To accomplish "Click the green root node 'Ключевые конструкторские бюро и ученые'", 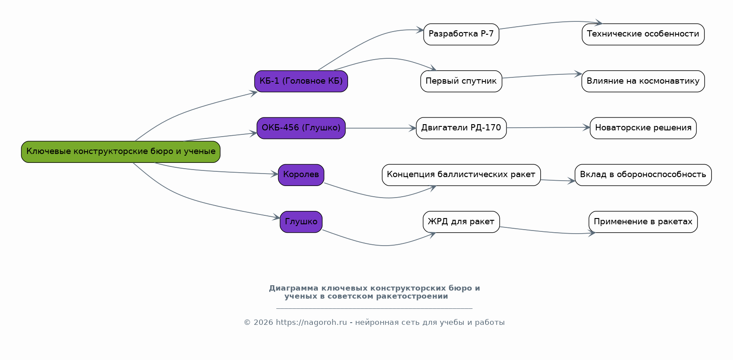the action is pyautogui.click(x=121, y=152).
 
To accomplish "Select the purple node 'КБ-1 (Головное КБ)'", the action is pyautogui.click(x=301, y=81).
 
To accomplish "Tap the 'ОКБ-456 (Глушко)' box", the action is pyautogui.click(x=301, y=128).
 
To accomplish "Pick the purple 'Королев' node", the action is pyautogui.click(x=301, y=175).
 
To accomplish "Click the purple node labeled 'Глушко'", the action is pyautogui.click(x=301, y=222).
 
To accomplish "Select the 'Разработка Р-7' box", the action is pyautogui.click(x=461, y=34).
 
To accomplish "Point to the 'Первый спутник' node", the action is pyautogui.click(x=461, y=81).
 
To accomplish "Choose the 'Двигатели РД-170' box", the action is pyautogui.click(x=461, y=128).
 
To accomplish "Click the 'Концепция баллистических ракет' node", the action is pyautogui.click(x=461, y=175).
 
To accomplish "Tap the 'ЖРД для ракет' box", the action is pyautogui.click(x=461, y=222).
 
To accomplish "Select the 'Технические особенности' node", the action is pyautogui.click(x=643, y=34).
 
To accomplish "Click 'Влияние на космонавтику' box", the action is pyautogui.click(x=643, y=81).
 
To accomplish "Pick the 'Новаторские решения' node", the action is pyautogui.click(x=643, y=128).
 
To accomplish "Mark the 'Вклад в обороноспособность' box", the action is pyautogui.click(x=643, y=175).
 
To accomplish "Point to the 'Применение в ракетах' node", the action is pyautogui.click(x=643, y=222).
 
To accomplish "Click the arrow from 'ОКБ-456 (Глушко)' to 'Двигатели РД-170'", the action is pyautogui.click(x=381, y=128).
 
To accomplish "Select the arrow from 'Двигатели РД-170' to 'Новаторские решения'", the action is pyautogui.click(x=548, y=128).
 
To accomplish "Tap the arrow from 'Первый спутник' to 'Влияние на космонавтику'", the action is pyautogui.click(x=542, y=75).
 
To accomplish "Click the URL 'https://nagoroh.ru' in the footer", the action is pyautogui.click(x=311, y=323).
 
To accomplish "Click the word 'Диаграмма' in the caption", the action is pyautogui.click(x=294, y=288).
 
